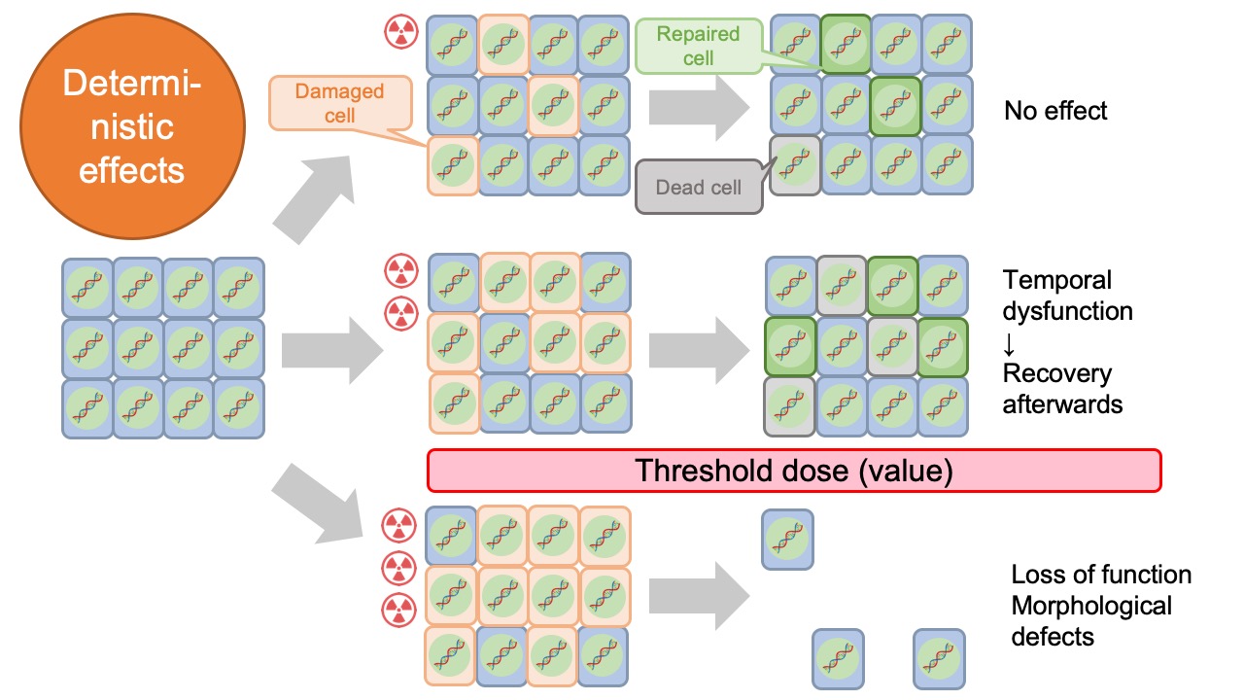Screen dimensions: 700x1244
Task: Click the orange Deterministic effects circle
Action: [131, 126]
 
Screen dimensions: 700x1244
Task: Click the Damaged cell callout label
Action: [339, 103]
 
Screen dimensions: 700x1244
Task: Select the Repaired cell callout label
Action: [698, 46]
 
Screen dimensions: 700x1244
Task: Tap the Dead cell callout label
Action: [698, 187]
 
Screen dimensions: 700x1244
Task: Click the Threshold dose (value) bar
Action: [794, 471]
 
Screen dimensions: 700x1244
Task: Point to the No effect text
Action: [1055, 111]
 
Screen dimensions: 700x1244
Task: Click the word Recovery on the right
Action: [1057, 373]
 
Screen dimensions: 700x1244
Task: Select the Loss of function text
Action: [1101, 575]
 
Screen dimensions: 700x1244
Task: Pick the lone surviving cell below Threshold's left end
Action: [787, 539]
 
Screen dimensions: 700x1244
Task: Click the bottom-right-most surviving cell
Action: [939, 658]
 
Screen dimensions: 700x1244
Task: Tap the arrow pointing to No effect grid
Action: [692, 105]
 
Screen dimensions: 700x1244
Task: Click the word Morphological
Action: [1091, 606]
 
